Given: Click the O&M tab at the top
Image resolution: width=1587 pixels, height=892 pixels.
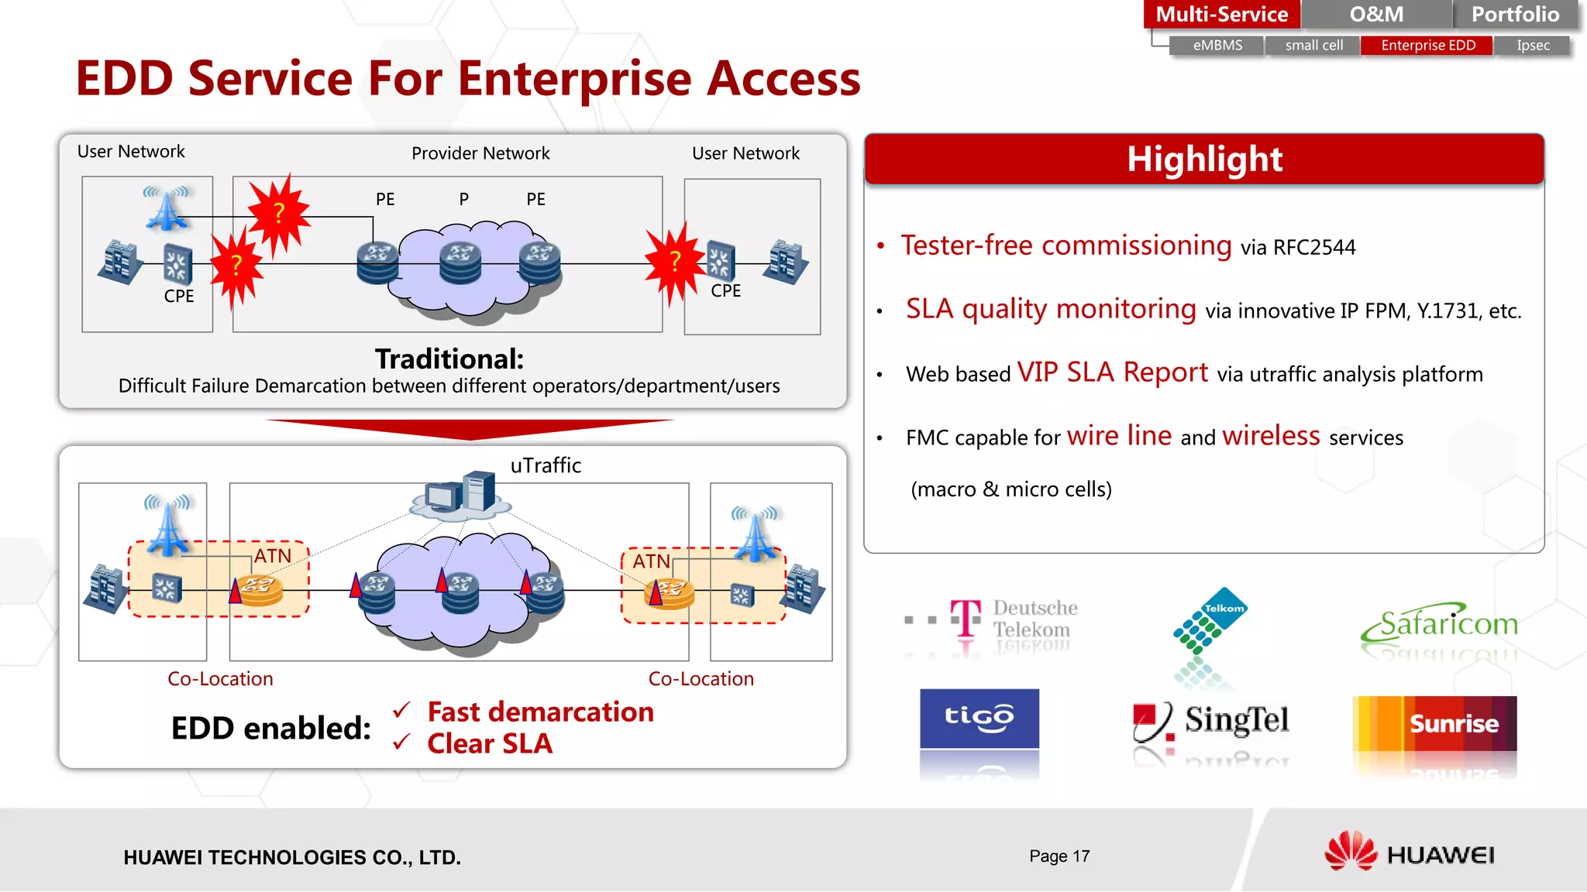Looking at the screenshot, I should (1375, 14).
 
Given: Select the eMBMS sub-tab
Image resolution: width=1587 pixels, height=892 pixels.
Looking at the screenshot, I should (1217, 46).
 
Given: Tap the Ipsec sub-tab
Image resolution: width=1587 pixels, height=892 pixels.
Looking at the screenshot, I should (1533, 46).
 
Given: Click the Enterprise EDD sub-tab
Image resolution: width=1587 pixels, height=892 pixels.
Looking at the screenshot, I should (1427, 46).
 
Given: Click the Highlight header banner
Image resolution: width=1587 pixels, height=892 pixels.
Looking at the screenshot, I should (1203, 159).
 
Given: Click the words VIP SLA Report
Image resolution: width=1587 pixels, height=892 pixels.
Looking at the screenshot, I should (1112, 372).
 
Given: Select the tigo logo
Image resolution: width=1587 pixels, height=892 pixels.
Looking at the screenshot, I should (979, 718).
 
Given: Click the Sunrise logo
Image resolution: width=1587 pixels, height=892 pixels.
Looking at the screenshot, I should (1434, 723).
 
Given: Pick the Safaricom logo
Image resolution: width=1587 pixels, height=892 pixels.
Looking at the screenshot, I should (1440, 624).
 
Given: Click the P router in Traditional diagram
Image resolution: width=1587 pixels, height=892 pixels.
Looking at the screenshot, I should (460, 262).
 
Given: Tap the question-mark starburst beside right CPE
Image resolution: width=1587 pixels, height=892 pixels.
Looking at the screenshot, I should (675, 262).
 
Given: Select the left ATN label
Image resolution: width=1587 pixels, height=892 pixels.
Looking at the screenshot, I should (273, 556).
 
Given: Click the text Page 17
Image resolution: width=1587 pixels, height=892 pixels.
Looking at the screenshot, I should (1059, 856).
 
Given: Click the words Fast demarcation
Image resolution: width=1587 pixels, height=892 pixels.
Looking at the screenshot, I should (540, 712).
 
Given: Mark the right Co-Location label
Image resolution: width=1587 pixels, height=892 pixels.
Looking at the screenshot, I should (701, 679).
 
